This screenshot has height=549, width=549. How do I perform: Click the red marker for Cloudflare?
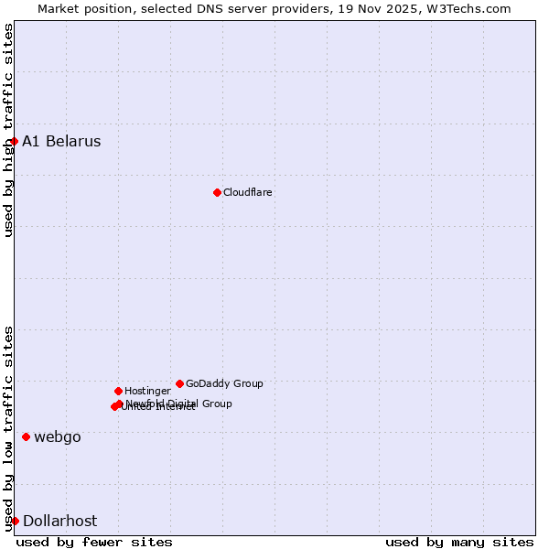tap(217, 192)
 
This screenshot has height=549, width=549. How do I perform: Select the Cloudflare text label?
tap(247, 192)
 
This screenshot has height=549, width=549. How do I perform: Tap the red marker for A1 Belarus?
tap(15, 141)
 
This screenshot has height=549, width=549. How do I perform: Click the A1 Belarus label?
tap(61, 141)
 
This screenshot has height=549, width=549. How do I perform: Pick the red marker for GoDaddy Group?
tap(179, 383)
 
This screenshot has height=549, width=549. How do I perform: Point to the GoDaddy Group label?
tap(224, 383)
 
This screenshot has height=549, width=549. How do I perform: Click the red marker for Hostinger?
tap(118, 391)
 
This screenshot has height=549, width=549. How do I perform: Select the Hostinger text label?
tap(147, 391)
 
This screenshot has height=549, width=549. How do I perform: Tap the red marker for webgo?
tap(26, 436)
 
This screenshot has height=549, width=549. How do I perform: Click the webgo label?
tap(57, 436)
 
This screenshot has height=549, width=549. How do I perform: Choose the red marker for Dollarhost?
tap(15, 521)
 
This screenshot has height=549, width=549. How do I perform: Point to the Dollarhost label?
tap(59, 521)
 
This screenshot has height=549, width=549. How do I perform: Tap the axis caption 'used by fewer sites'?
tap(94, 542)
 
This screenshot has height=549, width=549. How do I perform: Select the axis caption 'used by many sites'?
tap(459, 542)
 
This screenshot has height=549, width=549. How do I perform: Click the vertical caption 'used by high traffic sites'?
tap(8, 130)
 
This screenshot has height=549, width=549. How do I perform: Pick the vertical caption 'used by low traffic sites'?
tap(8, 427)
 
